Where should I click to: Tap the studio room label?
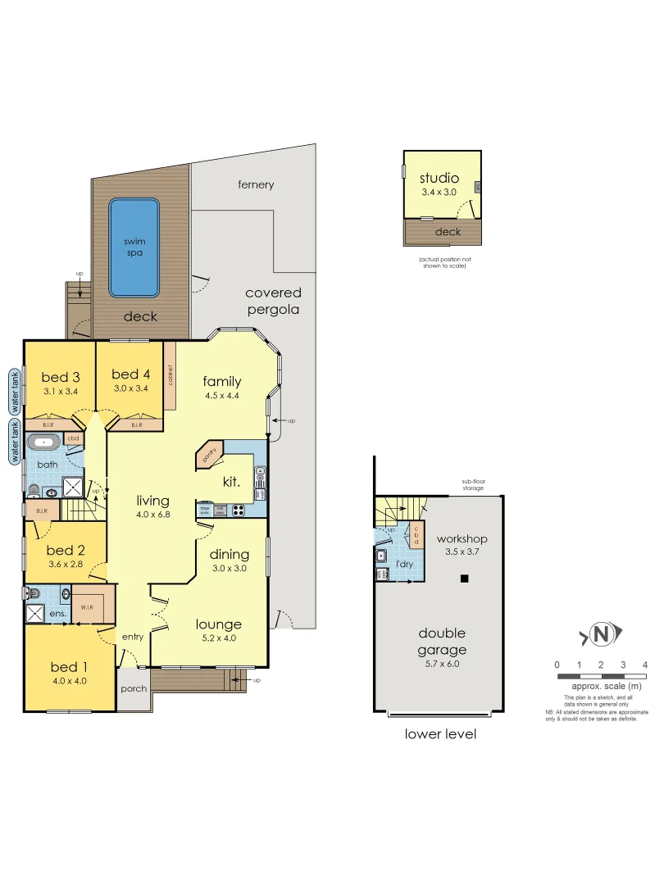click(439, 178)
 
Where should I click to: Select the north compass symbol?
click(603, 633)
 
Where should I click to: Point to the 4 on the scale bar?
click(646, 665)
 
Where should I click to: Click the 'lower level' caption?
click(440, 734)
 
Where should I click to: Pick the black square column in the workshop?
click(464, 579)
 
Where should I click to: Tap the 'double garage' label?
click(442, 642)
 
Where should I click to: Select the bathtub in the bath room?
click(44, 443)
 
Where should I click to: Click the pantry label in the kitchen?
click(209, 453)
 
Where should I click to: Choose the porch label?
click(133, 688)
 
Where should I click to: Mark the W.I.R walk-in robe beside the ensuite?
click(88, 607)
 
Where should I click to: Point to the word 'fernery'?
click(256, 185)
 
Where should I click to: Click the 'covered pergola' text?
click(273, 301)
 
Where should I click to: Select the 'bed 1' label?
click(69, 666)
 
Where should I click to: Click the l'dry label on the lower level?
click(403, 565)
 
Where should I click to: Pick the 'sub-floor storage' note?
click(473, 484)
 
